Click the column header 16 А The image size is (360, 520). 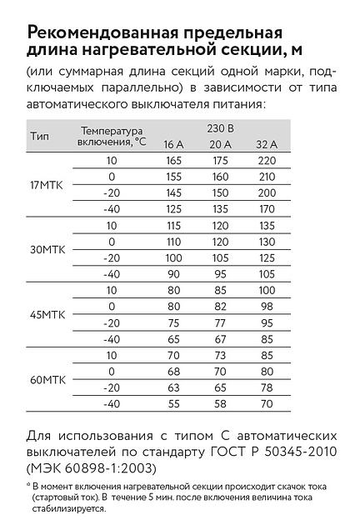click(173, 145)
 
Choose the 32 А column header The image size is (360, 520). click(266, 145)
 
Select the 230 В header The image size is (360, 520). click(219, 129)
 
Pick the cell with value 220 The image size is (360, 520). click(266, 160)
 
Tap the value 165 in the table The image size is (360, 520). click(173, 160)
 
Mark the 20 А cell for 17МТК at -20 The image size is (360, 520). click(220, 192)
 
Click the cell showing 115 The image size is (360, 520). click(173, 225)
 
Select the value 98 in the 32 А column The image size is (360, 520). click(266, 306)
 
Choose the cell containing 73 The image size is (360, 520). click(220, 355)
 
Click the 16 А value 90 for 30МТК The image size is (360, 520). click(173, 273)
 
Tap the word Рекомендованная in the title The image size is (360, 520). click(105, 33)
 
